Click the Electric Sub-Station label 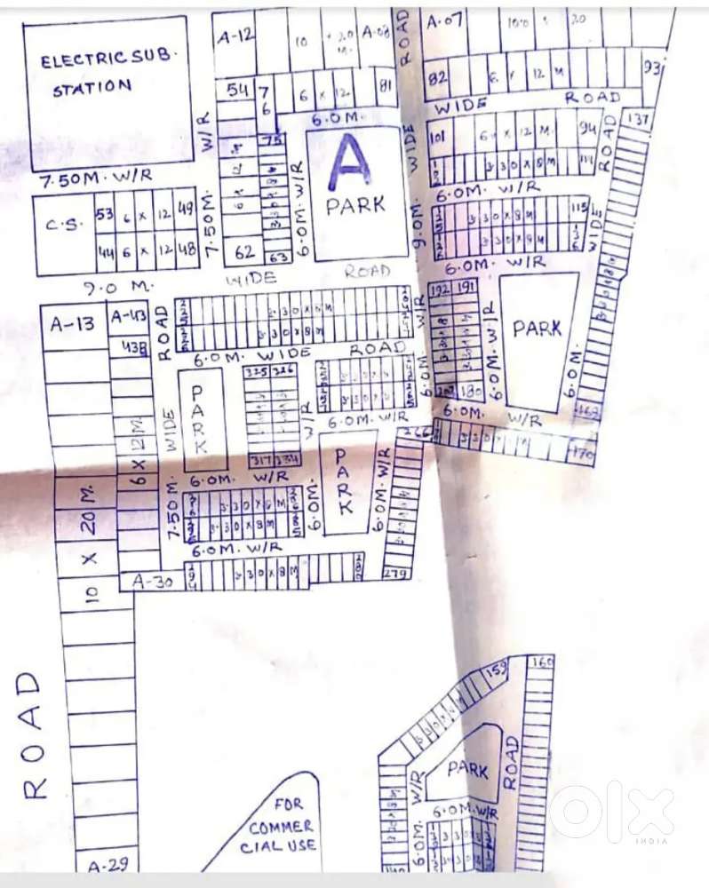[x=108, y=74]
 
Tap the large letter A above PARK [x=352, y=164]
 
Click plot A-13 [x=73, y=324]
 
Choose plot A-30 [x=152, y=582]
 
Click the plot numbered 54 [x=237, y=90]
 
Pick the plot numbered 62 [x=245, y=253]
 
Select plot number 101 [x=437, y=138]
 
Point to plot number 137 [x=638, y=119]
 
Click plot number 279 [x=396, y=573]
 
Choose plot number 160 [x=540, y=662]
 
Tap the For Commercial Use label [x=282, y=826]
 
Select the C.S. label [x=62, y=224]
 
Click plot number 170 [x=583, y=451]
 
